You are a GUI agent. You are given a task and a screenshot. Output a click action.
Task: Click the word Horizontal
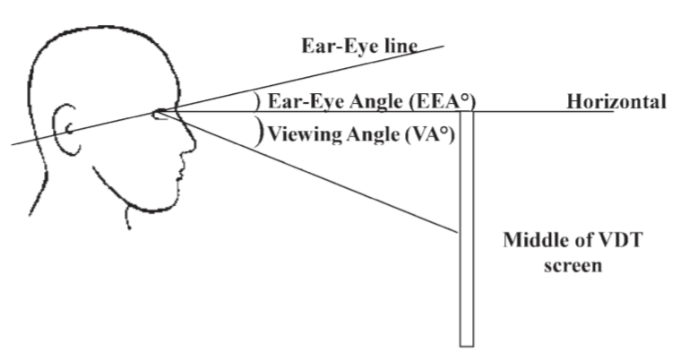pyautogui.click(x=616, y=101)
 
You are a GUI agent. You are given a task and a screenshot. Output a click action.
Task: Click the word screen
pyautogui.click(x=569, y=265)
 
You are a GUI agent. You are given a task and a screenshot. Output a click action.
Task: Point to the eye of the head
pyautogui.click(x=162, y=112)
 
